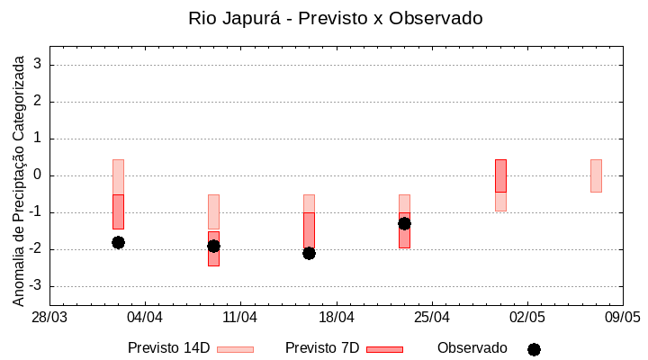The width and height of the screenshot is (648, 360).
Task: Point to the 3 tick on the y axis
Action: [x=39, y=65]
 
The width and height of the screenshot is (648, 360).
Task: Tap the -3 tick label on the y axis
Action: [x=36, y=286]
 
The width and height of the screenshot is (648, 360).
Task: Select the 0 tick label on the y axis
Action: [x=39, y=175]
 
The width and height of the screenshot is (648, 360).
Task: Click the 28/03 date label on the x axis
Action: [x=49, y=318]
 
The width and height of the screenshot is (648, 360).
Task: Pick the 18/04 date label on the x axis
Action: [x=336, y=318]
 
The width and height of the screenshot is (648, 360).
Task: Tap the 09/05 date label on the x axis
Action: [x=622, y=318]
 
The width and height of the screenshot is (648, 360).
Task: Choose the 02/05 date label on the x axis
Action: [x=526, y=318]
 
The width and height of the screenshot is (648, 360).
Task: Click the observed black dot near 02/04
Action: [x=118, y=242]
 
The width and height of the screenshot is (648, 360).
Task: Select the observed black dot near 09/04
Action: [x=213, y=246]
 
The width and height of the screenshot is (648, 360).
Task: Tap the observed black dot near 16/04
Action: [x=309, y=253]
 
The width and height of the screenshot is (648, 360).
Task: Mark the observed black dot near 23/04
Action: [x=404, y=223]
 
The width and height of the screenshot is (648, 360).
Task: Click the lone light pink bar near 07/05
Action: [x=596, y=175]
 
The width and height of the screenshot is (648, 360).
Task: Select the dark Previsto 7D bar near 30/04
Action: [x=500, y=175]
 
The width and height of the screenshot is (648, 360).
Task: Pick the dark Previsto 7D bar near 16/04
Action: [x=309, y=231]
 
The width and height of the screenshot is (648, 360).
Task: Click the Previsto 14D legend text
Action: [x=168, y=348]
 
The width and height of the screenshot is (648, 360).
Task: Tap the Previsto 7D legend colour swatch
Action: [x=384, y=349]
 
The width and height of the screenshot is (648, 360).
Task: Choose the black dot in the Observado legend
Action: [x=534, y=349]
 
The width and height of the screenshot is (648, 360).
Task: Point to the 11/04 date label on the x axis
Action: [x=240, y=318]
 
